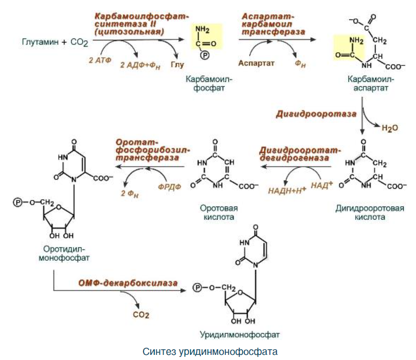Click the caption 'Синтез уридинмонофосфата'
tap(210, 352)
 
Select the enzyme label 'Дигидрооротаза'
tap(316, 114)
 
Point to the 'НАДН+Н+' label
tap(287, 190)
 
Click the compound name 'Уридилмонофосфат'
tap(240, 335)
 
